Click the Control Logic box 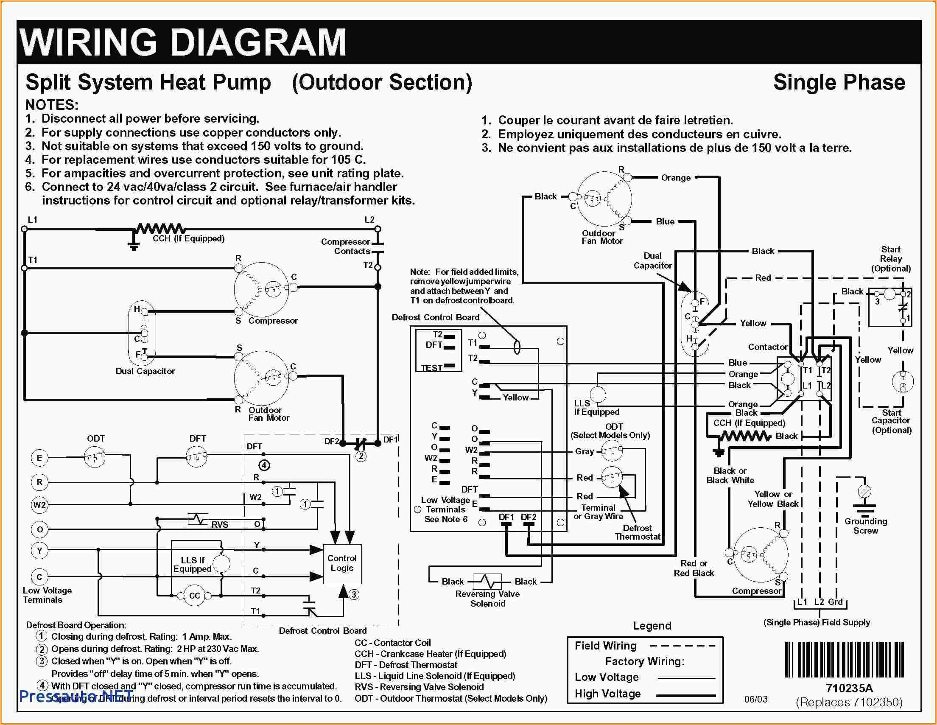342,564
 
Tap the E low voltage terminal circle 39,458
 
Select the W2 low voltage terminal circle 39,505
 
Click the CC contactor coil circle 194,596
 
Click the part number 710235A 849,688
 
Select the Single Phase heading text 839,82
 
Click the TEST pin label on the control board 431,368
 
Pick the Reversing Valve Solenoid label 487,599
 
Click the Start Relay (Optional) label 891,259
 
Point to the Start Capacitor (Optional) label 892,421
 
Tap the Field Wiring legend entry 605,646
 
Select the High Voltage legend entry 607,694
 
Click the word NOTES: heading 51,105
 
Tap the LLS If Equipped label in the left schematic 192,565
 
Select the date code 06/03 755,699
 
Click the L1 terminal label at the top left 33,220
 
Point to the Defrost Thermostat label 637,532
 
